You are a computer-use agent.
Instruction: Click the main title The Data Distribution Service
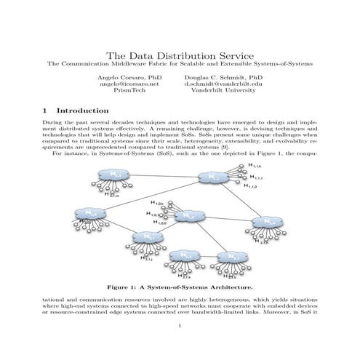180,55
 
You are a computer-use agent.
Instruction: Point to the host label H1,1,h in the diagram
257,168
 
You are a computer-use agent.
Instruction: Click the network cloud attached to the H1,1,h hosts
213,177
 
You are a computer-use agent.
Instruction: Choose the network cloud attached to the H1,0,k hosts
188,215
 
